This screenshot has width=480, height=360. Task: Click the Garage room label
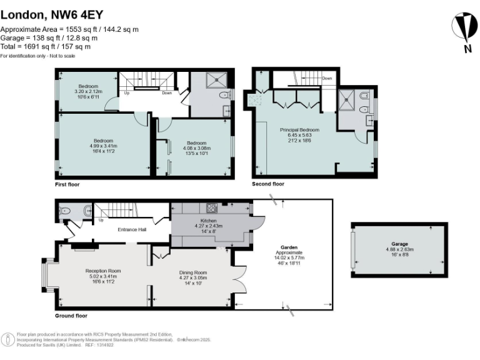coord(399,247)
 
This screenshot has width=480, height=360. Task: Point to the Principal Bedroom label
coord(299,134)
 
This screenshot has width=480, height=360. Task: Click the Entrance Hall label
coord(132,229)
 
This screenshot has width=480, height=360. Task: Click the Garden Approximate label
coord(289,251)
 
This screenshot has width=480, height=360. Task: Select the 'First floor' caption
coord(67,185)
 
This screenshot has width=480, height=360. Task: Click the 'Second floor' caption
coord(267,184)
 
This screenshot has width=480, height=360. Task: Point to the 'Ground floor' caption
coord(71,316)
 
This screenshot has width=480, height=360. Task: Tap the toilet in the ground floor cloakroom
coord(82,211)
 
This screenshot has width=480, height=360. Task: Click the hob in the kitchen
coord(212,209)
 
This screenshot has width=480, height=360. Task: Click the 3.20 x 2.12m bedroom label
coord(87,91)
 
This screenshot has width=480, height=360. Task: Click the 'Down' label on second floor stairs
coord(327,79)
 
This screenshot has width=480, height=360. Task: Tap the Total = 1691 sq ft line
coord(45,46)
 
